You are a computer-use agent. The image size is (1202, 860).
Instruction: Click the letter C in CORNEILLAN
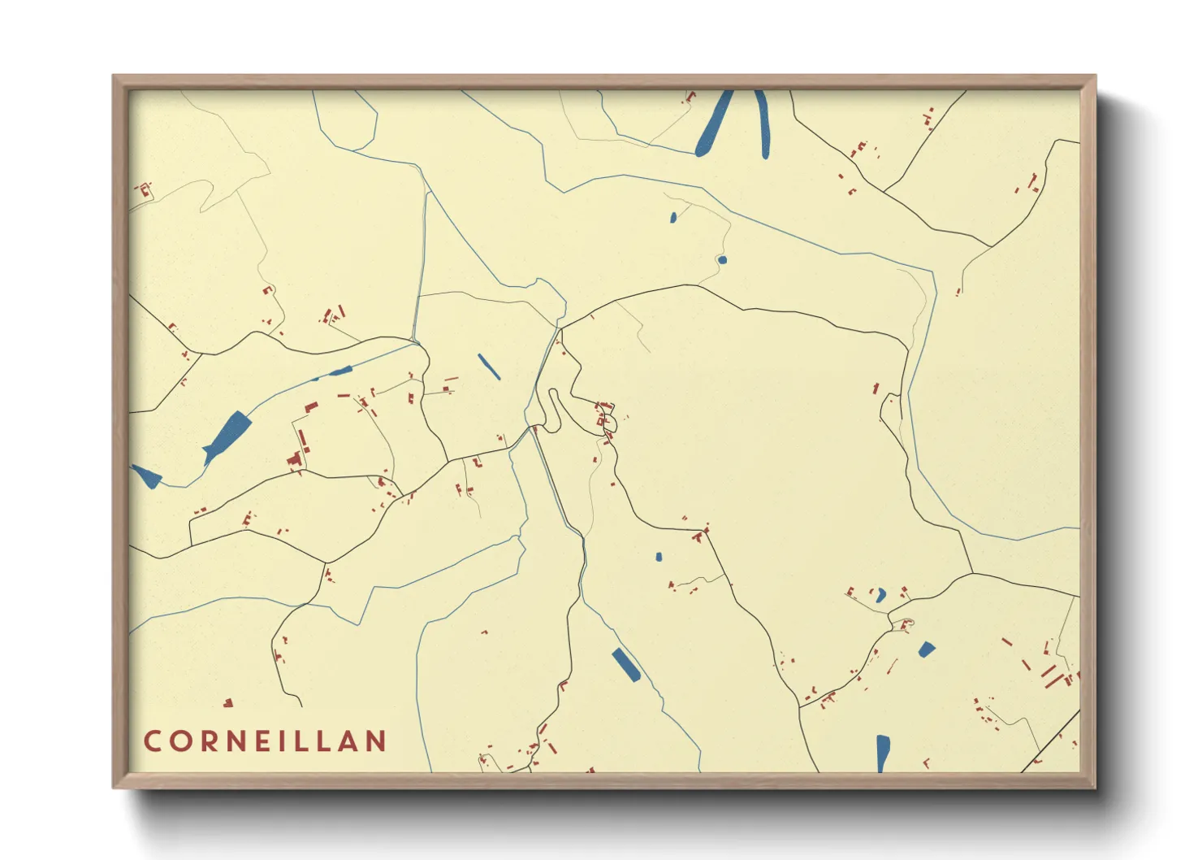[x=152, y=741]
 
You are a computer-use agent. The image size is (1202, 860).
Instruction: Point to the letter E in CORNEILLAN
[x=263, y=741]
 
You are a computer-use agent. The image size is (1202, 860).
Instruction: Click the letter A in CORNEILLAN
[x=349, y=741]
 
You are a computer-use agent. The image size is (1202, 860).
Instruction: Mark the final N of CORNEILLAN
[x=376, y=741]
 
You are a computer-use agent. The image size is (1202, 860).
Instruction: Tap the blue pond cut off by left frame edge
[x=146, y=476]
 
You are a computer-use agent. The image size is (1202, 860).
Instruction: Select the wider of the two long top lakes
[x=714, y=124]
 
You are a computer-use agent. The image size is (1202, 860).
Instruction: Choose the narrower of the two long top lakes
[x=763, y=124]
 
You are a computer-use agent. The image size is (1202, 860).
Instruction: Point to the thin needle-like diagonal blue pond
[x=489, y=367]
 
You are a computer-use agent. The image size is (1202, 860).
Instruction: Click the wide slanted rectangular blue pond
[x=626, y=665]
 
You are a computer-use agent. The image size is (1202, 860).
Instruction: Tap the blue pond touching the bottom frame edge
[x=883, y=753]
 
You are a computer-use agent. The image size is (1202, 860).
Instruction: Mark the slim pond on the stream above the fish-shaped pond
[x=335, y=372]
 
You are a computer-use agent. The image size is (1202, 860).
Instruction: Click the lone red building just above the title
[x=228, y=702]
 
